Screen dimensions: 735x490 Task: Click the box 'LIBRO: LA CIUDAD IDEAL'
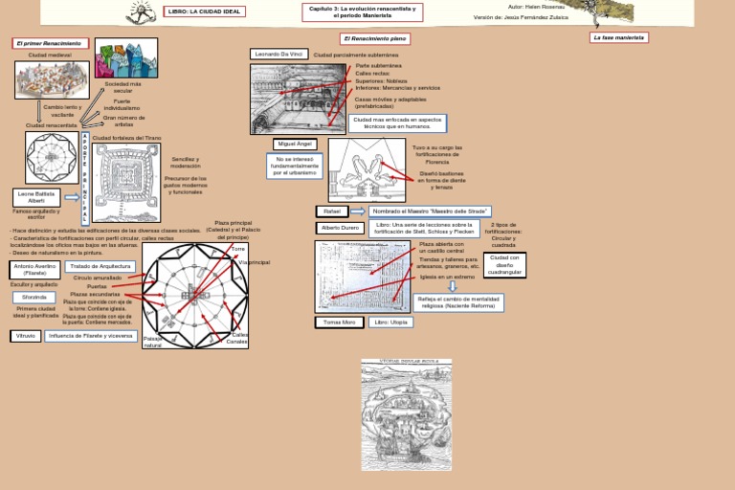205,11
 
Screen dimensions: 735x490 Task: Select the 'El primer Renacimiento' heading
51,43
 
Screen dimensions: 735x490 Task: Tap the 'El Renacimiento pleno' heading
374,38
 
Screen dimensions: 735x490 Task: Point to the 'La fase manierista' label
619,37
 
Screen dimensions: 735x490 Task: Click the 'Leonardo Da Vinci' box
278,55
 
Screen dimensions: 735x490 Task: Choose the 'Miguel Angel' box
295,144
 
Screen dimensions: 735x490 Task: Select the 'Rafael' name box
332,211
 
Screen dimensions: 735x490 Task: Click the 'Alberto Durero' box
340,229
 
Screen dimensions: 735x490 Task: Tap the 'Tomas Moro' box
339,323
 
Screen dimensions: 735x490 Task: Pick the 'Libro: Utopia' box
392,323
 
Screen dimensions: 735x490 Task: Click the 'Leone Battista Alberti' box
36,197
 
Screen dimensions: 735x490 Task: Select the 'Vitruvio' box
26,336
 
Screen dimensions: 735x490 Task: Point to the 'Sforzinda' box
34,298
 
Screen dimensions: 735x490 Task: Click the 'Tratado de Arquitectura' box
100,266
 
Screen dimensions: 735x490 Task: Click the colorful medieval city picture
126,57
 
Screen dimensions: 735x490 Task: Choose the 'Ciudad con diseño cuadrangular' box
504,264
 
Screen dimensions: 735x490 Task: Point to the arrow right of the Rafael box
357,211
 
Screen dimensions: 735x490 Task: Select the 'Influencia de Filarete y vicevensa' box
92,336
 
